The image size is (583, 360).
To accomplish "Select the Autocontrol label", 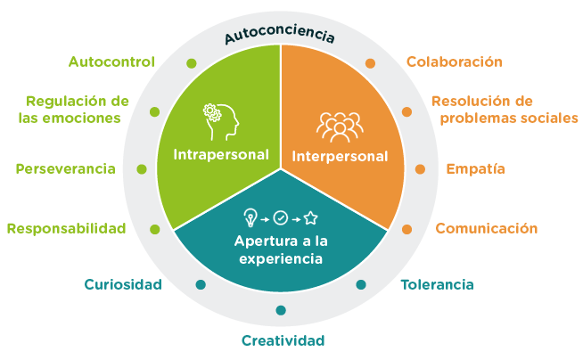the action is click(x=111, y=61).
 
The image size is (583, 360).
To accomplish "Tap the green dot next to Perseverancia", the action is click(x=142, y=169).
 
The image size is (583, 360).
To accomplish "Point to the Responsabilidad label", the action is click(x=67, y=228).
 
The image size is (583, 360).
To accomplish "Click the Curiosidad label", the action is click(x=123, y=284).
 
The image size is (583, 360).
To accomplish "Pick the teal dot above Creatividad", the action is click(x=281, y=310).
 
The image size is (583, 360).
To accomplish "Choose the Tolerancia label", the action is click(x=437, y=285).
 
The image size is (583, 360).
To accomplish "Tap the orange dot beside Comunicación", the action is click(x=406, y=229).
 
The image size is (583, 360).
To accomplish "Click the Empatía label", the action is click(x=475, y=169).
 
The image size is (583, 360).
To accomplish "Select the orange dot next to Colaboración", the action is click(x=370, y=63).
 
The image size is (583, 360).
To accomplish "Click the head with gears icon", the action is click(x=221, y=122).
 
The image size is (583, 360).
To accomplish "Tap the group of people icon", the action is click(x=340, y=127).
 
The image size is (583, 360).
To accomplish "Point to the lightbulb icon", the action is click(x=250, y=217).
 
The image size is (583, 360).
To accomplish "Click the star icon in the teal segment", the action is click(x=311, y=218).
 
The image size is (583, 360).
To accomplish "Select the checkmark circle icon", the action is click(x=280, y=218).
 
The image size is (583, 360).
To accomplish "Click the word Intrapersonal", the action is click(x=221, y=155).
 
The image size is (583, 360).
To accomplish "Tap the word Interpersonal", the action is click(x=340, y=157).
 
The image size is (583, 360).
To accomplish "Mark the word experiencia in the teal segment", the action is click(x=281, y=258).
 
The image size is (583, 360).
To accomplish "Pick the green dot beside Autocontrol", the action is click(x=191, y=63).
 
